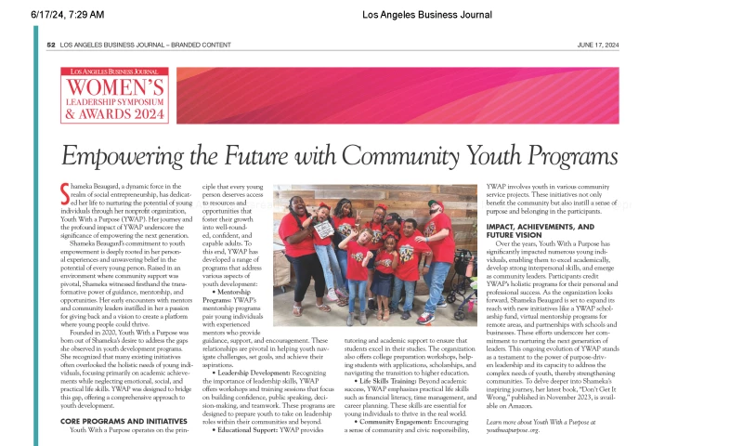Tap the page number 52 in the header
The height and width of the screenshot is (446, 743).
click(51, 45)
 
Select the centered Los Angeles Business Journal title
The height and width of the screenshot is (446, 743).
click(427, 14)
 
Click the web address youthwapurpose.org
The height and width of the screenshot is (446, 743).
click(526, 429)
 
